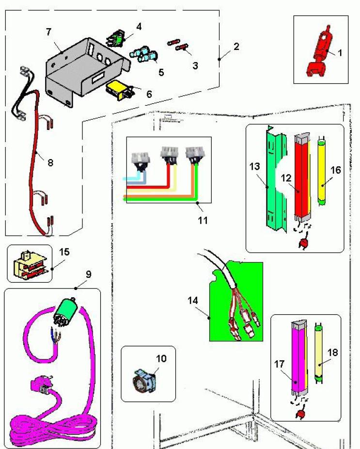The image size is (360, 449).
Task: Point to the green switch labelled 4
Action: click(x=118, y=37)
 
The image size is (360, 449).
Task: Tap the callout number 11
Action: click(x=203, y=220)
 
